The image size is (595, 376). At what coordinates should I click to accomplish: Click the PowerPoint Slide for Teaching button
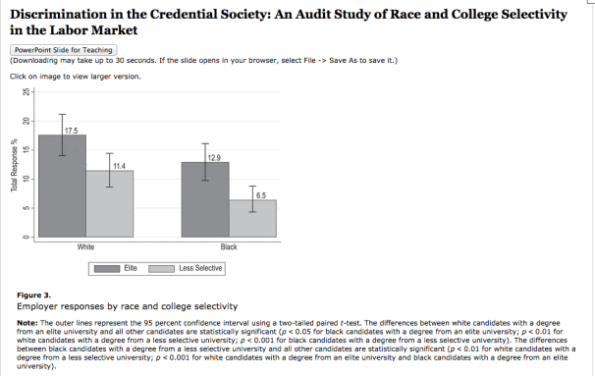click(x=64, y=49)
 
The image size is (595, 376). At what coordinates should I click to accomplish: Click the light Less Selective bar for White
click(x=110, y=204)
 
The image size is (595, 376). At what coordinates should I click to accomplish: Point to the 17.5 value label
click(x=72, y=131)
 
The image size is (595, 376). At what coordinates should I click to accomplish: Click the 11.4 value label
click(x=120, y=166)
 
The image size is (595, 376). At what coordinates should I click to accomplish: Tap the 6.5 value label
click(x=260, y=195)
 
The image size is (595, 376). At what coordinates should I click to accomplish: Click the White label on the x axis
click(x=86, y=246)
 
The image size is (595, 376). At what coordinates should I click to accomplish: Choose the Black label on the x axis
click(x=228, y=246)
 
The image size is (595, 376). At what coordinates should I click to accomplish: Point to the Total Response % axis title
click(x=13, y=165)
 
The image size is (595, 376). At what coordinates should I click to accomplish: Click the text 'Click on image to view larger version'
click(x=75, y=76)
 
